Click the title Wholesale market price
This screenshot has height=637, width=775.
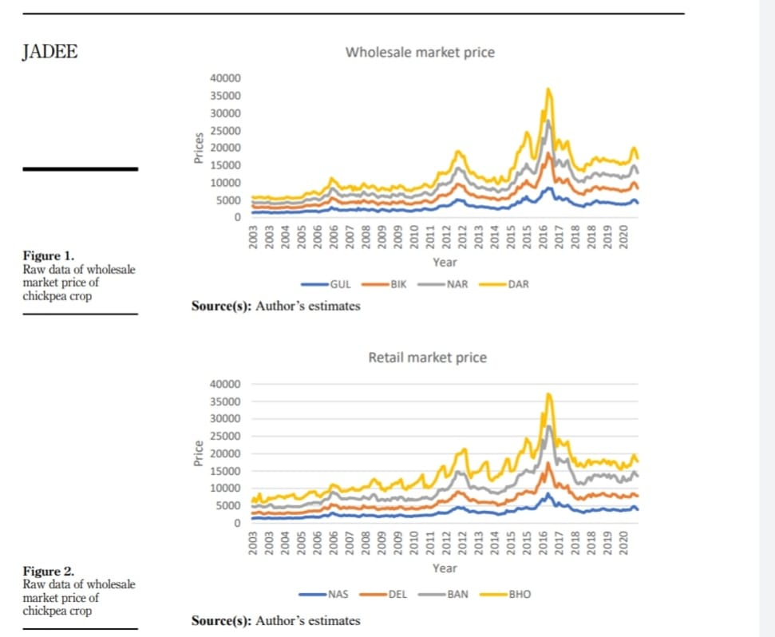419,53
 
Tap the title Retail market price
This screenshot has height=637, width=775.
427,358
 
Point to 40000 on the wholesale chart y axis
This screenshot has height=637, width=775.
225,78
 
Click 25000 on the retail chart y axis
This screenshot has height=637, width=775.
225,436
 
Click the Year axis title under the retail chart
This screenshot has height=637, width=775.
445,568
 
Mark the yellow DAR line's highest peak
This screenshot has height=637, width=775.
548,89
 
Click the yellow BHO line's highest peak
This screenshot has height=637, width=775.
548,394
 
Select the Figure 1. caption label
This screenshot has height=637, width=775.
48,256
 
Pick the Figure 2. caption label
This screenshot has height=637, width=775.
48,572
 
